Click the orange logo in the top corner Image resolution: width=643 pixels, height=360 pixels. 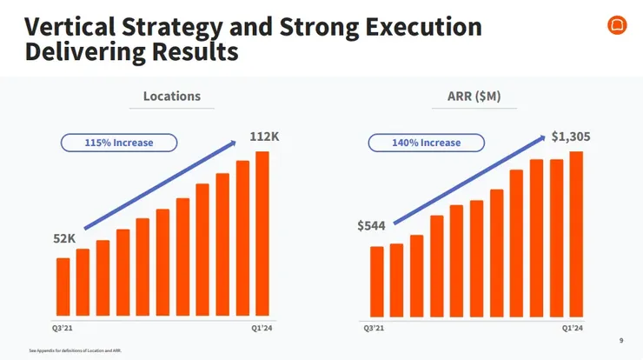point(617,26)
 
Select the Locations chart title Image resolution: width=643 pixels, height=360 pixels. point(172,97)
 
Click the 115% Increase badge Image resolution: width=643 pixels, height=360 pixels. point(119,142)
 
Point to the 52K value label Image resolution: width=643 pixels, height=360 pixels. point(65,238)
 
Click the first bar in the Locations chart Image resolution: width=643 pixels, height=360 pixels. point(63,286)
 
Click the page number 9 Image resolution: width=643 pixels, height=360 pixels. point(620,340)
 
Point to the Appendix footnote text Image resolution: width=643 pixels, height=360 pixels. point(76,350)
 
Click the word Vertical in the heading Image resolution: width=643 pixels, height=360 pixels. point(74,27)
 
